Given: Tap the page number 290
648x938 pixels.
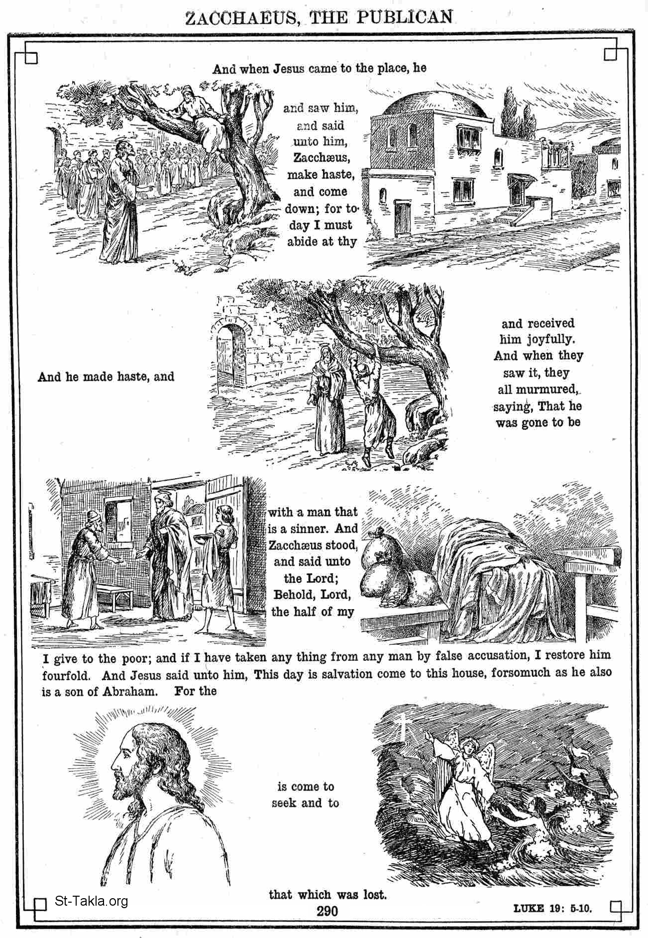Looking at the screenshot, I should coord(327,911).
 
